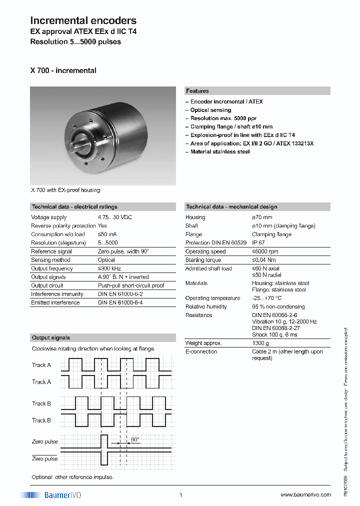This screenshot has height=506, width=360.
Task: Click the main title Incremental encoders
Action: click(83, 20)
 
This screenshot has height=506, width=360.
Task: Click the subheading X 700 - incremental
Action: click(63, 70)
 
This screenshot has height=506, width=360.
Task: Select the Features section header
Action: click(197, 91)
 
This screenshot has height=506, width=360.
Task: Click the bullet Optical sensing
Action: click(210, 110)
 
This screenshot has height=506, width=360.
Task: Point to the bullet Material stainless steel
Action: click(219, 151)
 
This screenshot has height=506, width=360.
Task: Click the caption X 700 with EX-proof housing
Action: click(65, 190)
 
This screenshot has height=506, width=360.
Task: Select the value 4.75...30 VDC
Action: click(115, 217)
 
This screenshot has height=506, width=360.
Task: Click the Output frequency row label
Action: click(52, 268)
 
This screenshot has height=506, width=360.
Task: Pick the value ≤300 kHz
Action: click(110, 268)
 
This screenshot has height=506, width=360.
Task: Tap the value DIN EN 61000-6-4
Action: click(120, 302)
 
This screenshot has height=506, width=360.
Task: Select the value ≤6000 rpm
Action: click(265, 251)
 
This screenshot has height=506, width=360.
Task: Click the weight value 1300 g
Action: click(260, 343)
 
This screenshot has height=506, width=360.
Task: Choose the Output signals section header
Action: click(51, 337)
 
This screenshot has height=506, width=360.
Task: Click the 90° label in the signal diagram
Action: click(134, 439)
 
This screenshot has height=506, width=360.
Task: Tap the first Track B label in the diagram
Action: click(41, 403)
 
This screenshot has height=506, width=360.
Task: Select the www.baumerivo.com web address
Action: click(305, 494)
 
